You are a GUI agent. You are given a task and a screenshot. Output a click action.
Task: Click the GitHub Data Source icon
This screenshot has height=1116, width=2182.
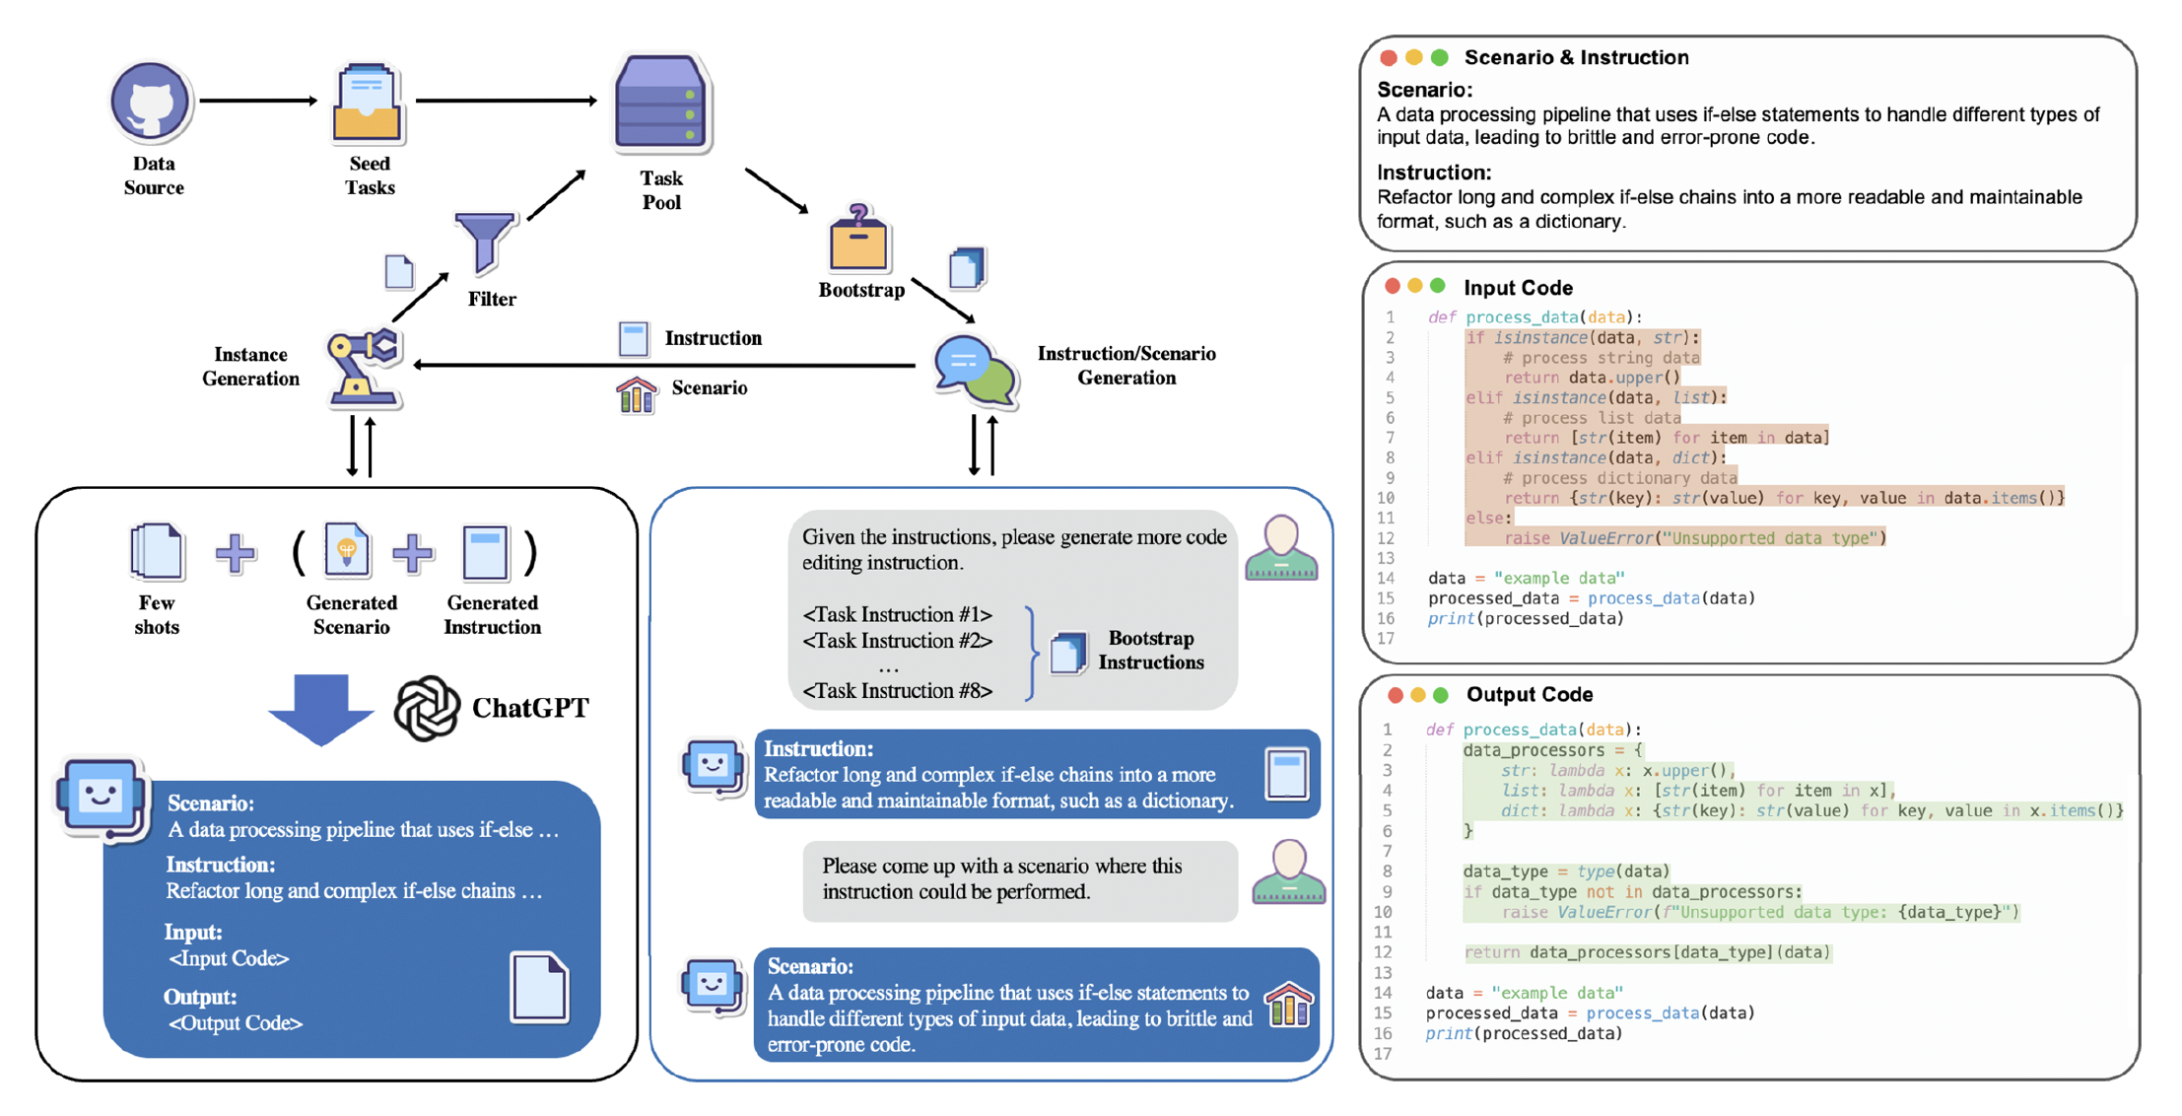150,102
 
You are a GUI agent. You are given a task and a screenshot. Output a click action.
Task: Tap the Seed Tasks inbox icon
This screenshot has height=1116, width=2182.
368,103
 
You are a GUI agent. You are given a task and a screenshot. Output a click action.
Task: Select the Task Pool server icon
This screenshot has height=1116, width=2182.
661,104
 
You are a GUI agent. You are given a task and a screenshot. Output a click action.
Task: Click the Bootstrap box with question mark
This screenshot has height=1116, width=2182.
858,239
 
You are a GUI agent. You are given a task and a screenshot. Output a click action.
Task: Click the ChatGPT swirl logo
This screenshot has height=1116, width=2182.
427,708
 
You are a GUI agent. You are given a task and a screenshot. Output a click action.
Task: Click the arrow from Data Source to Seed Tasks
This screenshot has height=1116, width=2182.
258,101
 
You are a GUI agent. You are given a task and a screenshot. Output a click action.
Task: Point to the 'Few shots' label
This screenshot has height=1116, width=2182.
157,615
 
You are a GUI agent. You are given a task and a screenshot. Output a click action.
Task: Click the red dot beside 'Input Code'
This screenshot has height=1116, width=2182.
1393,286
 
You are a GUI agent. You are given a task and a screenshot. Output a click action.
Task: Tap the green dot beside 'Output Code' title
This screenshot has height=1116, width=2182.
1441,695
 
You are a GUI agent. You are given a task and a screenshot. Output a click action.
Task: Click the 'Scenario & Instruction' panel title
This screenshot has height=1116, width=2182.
1576,57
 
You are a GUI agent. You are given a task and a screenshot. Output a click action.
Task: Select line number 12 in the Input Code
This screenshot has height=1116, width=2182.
1386,538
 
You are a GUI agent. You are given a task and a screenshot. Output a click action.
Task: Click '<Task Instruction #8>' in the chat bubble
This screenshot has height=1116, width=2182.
898,691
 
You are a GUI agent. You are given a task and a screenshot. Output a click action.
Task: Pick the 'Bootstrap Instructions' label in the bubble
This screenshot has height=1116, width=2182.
1151,651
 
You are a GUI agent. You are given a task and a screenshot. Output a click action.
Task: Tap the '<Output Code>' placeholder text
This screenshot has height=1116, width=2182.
236,1023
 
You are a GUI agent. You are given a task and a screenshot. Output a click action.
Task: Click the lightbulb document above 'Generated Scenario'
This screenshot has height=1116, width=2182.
346,550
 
